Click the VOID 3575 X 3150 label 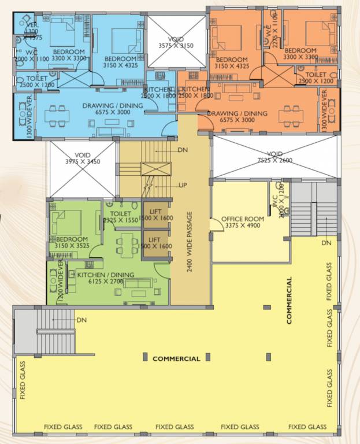[x=176, y=42]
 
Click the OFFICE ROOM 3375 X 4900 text [x=242, y=222]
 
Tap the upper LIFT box [x=156, y=216]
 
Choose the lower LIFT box [x=156, y=243]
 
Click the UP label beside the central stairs [x=182, y=185]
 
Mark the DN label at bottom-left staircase [x=81, y=320]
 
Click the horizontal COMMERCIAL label [x=176, y=359]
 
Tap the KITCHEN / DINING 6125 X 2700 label [x=105, y=278]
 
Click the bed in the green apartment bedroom [x=66, y=221]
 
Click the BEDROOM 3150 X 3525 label [x=72, y=243]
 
